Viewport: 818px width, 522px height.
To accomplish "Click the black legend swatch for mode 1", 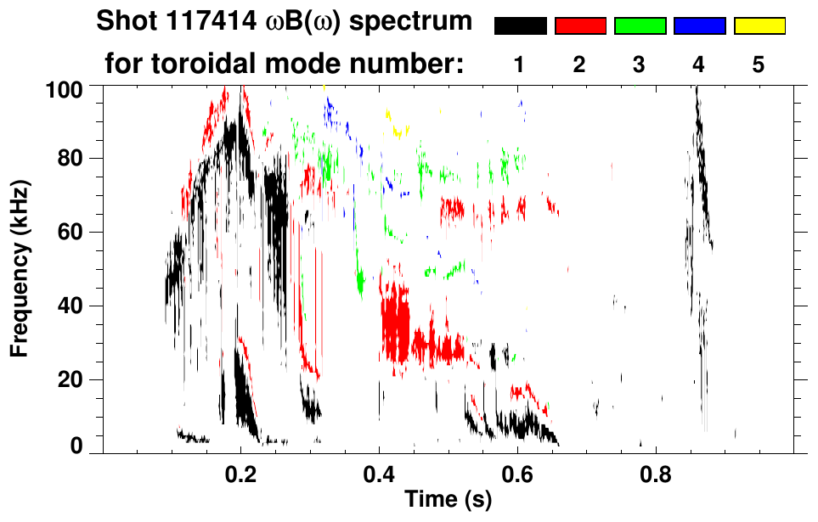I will [x=520, y=26].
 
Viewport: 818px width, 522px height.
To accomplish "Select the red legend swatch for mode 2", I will [x=580, y=26].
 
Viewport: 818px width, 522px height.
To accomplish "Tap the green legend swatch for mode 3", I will [x=640, y=26].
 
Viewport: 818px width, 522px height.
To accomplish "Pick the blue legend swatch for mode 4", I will [x=699, y=26].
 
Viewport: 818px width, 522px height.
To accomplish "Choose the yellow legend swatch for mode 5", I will [x=759, y=26].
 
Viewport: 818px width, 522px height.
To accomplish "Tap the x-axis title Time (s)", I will [x=448, y=500].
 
